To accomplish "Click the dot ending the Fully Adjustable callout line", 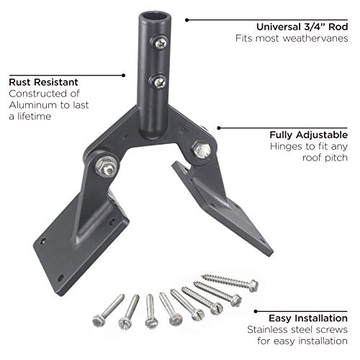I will (217, 128).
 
